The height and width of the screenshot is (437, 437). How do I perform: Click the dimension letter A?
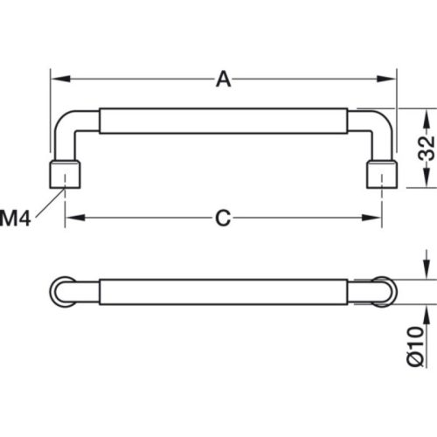[x=224, y=80]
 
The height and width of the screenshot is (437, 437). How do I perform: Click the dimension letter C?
[x=224, y=218]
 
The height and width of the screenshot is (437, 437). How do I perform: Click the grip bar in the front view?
[x=224, y=121]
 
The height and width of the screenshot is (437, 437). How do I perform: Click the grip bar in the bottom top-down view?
[x=224, y=290]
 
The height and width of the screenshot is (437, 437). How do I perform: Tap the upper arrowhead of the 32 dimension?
[x=426, y=114]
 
